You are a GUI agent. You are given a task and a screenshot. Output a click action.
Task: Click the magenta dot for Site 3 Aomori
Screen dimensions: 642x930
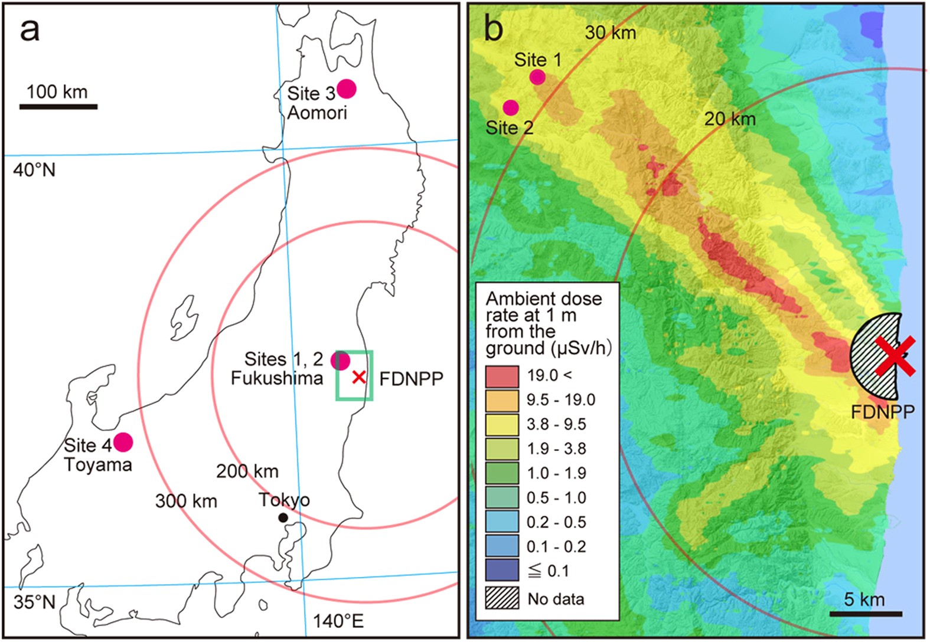click(346, 89)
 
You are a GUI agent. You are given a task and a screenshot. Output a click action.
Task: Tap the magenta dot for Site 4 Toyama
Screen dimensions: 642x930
click(123, 442)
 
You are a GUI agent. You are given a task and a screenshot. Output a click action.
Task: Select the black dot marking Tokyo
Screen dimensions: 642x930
click(283, 517)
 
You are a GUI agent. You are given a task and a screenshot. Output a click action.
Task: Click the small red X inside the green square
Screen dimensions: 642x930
click(358, 376)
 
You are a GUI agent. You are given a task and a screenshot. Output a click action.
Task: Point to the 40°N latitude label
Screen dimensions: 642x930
click(34, 170)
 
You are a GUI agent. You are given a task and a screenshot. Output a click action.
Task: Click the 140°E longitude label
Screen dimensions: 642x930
click(338, 621)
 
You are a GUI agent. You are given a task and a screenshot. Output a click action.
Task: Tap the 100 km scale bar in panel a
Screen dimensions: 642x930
click(58, 107)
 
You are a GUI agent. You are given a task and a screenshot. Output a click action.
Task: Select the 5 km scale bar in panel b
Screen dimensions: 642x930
click(865, 614)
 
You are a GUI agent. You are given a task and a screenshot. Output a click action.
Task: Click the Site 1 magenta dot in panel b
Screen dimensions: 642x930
click(537, 77)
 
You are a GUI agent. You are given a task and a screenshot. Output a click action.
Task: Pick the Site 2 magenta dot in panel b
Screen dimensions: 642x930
click(511, 107)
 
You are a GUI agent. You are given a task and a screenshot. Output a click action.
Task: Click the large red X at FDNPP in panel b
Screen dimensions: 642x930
click(895, 356)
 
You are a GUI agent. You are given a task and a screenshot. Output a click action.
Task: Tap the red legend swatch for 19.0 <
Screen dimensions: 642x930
click(502, 376)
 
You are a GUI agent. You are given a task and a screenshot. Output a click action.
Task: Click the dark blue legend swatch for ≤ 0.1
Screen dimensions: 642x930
click(502, 571)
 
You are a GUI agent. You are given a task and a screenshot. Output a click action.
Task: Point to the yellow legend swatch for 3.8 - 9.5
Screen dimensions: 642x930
click(502, 424)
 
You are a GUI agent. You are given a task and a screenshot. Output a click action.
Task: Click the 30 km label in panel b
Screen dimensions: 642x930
click(611, 33)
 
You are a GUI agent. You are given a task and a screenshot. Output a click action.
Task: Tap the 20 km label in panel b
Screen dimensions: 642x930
click(730, 119)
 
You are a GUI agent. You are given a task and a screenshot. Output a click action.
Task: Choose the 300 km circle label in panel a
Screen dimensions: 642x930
click(186, 501)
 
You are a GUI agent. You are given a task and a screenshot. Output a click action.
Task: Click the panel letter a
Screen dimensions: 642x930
click(30, 30)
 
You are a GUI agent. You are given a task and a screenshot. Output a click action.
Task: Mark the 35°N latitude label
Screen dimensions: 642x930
click(34, 602)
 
